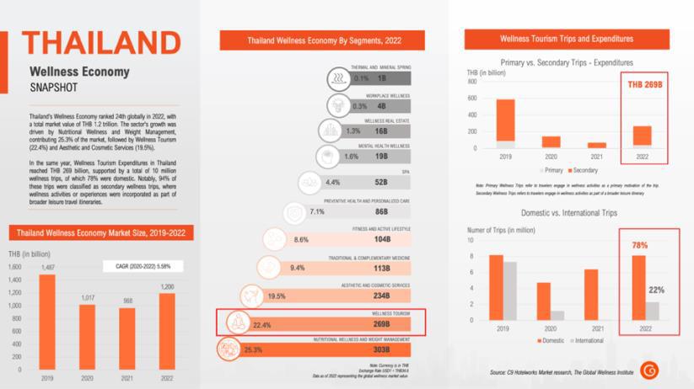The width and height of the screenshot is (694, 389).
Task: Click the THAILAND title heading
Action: click(100, 43)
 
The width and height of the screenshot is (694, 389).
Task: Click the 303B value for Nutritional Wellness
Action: click(382, 349)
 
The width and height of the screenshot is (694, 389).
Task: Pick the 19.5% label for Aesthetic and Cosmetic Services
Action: click(277, 296)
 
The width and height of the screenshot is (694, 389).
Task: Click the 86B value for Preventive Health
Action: click(382, 211)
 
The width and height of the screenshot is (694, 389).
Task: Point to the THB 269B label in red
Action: click(643, 85)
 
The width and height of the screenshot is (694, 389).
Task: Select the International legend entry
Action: click(587, 339)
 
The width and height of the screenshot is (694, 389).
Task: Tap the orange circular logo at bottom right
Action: click(649, 369)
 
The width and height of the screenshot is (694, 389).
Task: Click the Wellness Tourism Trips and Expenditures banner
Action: click(567, 39)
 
